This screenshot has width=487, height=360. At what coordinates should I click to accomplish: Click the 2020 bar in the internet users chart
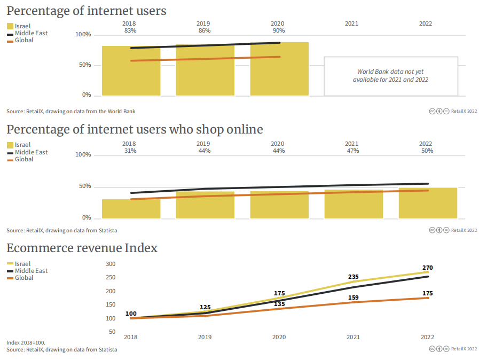click(279, 69)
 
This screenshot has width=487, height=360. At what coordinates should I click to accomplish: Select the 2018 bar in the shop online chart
click(131, 209)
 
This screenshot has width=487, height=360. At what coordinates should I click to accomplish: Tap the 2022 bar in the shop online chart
click(428, 204)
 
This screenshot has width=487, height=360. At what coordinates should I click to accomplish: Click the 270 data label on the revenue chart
click(427, 268)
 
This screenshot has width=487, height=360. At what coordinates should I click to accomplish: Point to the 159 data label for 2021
click(353, 298)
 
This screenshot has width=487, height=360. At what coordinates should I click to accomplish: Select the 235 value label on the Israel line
click(353, 277)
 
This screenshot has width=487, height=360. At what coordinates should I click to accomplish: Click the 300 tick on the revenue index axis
click(111, 264)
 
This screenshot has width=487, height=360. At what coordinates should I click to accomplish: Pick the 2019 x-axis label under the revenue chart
click(205, 337)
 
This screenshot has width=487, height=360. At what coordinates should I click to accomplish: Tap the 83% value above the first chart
click(129, 31)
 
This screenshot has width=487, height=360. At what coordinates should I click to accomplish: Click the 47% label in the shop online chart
click(352, 151)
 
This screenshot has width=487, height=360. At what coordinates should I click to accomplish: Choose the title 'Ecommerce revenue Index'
click(82, 248)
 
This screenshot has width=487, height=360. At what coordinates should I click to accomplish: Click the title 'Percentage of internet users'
click(86, 11)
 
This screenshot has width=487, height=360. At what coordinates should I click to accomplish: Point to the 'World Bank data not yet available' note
click(391, 75)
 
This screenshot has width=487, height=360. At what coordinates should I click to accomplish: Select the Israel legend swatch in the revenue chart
click(10, 264)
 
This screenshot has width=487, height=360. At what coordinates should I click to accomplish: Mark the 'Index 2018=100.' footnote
click(26, 342)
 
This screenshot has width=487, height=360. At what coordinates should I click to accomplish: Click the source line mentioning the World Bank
click(71, 111)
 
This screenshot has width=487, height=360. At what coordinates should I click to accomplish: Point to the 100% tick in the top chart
click(83, 35)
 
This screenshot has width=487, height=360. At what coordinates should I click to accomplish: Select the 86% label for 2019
click(203, 31)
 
